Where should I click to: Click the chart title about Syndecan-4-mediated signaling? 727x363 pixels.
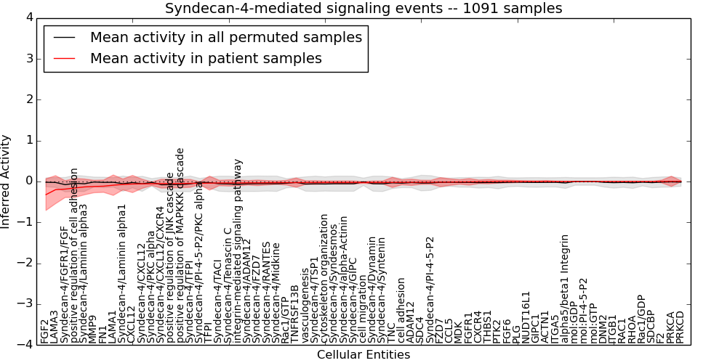point(363,9)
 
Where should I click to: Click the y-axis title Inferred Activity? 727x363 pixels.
point(7,181)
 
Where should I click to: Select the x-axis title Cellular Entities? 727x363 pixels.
point(363,355)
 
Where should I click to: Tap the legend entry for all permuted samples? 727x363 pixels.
point(225,37)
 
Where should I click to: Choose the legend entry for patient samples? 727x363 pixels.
point(206,58)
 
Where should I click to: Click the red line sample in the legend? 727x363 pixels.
point(64,58)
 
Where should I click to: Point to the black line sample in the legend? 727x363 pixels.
point(64,37)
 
